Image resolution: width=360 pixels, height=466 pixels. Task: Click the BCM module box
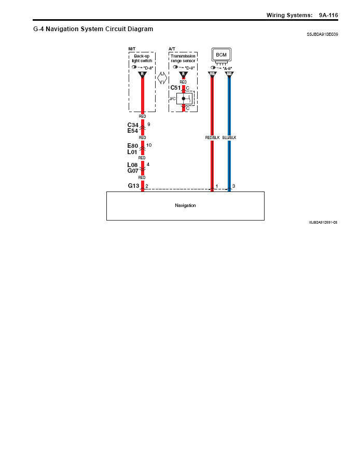221,54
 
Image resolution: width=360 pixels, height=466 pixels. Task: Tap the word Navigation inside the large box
185,205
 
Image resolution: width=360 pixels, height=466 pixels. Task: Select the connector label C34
133,125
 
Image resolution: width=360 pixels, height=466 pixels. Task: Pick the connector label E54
133,131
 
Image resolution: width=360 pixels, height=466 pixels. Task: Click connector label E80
133,146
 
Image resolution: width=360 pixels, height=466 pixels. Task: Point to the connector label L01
132,152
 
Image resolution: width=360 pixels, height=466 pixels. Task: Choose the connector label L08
133,165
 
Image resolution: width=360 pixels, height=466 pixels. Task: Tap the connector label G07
133,171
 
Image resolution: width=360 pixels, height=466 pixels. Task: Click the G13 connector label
133,185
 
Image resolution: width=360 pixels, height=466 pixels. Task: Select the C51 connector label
175,88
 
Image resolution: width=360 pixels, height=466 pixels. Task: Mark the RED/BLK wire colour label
213,138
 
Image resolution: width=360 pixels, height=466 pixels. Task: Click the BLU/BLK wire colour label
229,138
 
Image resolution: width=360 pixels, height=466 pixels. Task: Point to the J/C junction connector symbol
184,98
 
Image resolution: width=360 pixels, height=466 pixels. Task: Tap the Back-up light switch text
142,58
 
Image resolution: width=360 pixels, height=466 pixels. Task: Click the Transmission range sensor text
183,58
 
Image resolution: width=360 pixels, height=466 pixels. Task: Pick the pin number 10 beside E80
149,145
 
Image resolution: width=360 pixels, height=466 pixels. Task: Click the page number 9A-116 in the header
328,15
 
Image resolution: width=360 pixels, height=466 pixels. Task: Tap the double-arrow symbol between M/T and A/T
162,78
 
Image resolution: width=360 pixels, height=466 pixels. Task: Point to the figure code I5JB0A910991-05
323,222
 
